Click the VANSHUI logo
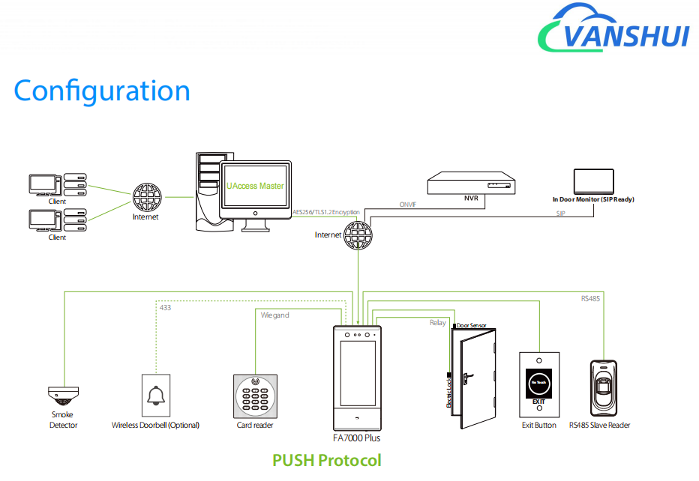pos(613,30)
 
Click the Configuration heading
pos(102,91)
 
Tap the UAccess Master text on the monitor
pos(255,185)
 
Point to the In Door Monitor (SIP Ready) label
pos(593,200)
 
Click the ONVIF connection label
pos(408,205)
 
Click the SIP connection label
pos(560,214)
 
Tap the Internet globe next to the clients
pos(145,197)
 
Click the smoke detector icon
pos(63,396)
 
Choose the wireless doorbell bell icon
pos(156,394)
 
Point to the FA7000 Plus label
pos(356,438)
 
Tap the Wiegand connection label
pos(275,315)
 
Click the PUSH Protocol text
pos(326,460)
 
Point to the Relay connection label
pos(437,323)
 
